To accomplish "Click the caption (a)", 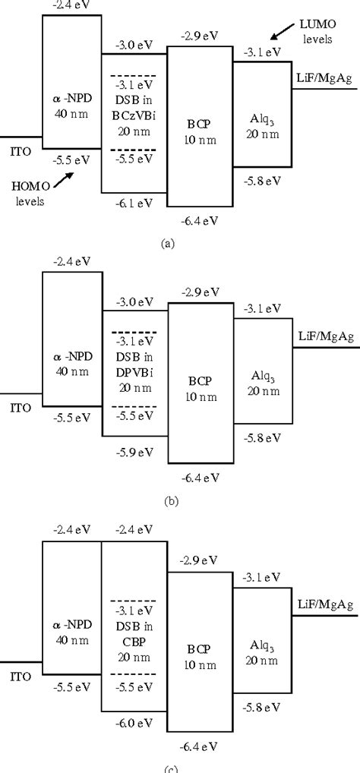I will (x=169, y=245).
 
